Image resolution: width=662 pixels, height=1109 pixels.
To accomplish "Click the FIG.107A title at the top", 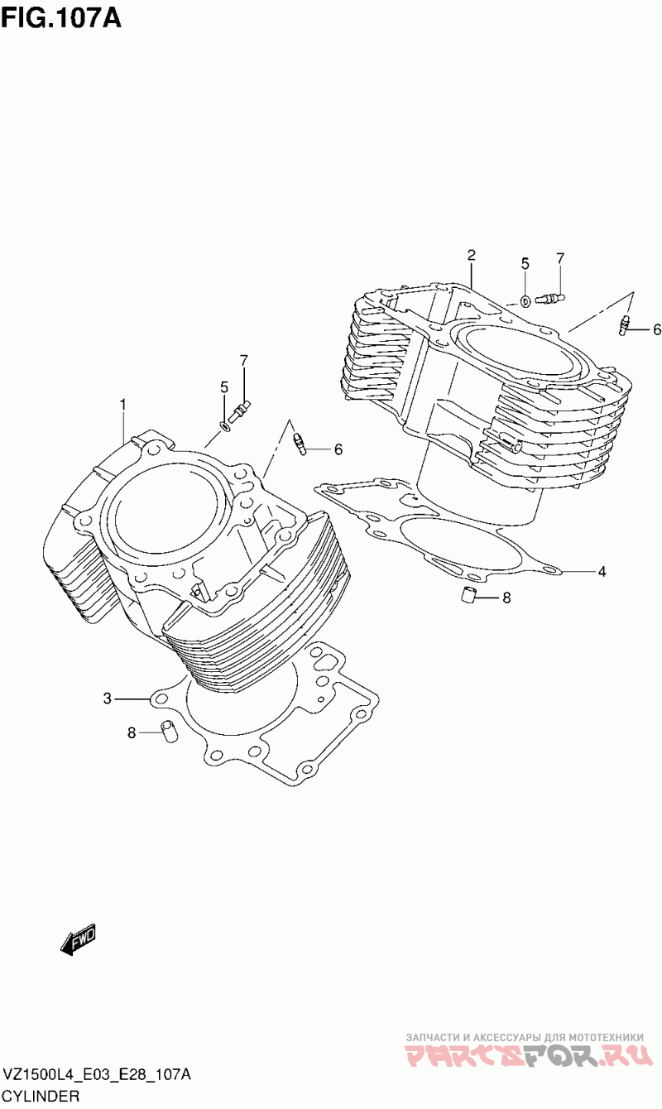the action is pos(61,17).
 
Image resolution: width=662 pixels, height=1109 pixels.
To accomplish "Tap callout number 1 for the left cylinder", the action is pos(122,404).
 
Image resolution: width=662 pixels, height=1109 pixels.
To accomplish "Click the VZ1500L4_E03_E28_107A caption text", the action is pos(98,1075).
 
